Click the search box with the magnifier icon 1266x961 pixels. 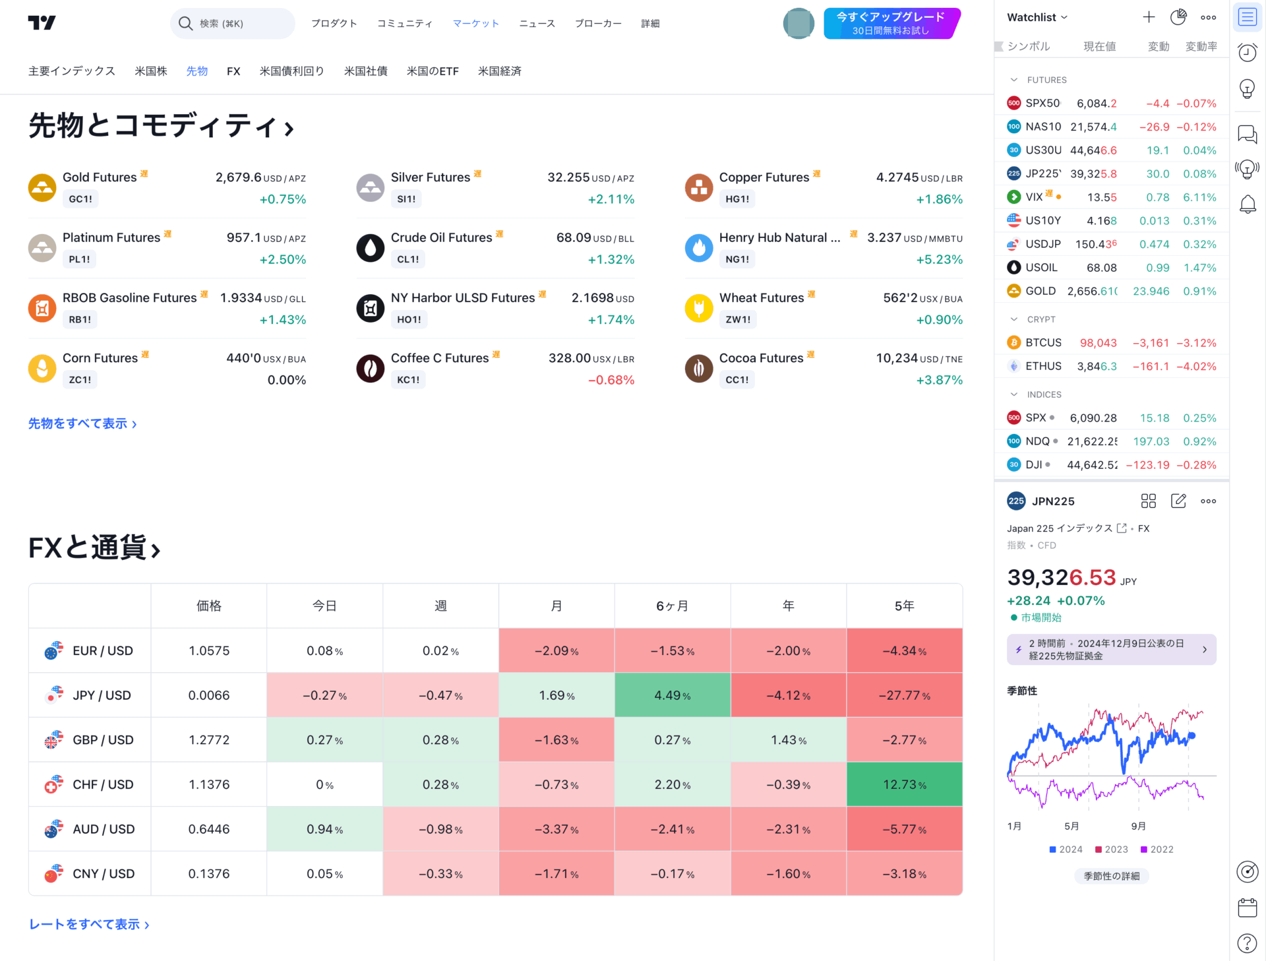(232, 24)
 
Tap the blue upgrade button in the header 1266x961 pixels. (890, 24)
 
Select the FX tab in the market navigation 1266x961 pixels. (233, 71)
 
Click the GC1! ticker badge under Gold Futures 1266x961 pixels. (80, 199)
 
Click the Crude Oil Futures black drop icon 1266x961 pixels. (371, 248)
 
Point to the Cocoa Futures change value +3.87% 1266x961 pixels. (939, 380)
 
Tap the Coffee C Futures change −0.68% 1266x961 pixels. (611, 380)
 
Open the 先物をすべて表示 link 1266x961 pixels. (82, 423)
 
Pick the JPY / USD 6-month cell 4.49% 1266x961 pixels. (672, 695)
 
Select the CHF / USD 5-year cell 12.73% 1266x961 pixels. (904, 784)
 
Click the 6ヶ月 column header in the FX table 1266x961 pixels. (672, 605)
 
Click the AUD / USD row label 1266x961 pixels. (103, 829)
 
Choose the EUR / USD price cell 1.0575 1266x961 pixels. (209, 650)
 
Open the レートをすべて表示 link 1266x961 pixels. (89, 925)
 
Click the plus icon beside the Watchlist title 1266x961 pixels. (1149, 17)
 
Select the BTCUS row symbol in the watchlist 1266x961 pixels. (1043, 343)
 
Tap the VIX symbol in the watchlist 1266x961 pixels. (1034, 197)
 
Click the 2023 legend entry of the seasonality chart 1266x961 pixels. (1112, 850)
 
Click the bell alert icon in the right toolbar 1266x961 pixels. (1248, 204)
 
